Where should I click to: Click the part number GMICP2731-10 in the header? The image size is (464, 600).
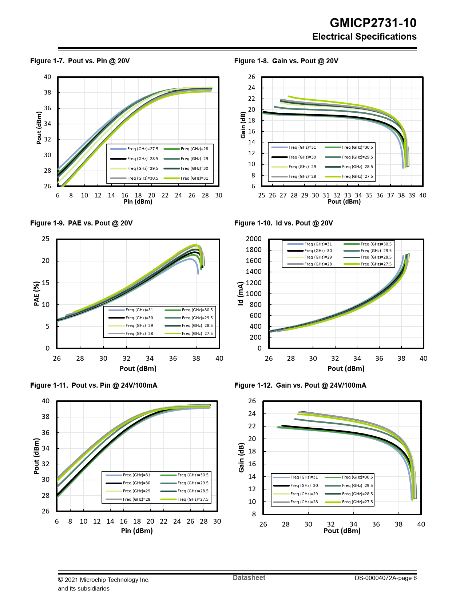click(x=373, y=23)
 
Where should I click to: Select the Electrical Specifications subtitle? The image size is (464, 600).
click(x=364, y=37)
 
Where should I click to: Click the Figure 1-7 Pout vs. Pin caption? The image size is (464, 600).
click(x=80, y=61)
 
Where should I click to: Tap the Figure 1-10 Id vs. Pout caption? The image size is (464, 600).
click(x=283, y=223)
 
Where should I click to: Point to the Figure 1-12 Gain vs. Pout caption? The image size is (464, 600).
click(x=300, y=385)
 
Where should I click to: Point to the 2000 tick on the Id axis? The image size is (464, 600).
click(x=254, y=239)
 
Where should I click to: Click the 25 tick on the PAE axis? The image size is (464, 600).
click(x=45, y=239)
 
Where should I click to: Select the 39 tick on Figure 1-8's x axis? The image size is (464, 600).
click(x=412, y=195)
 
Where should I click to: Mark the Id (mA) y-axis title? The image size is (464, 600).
click(x=241, y=293)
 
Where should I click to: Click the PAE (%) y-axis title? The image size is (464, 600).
click(x=36, y=293)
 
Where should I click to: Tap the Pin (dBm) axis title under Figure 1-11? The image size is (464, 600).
click(x=137, y=531)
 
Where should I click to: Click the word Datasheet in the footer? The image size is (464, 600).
click(x=249, y=577)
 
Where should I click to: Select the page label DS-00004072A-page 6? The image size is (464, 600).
click(x=385, y=578)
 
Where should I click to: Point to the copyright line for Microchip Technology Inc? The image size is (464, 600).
click(x=104, y=580)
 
